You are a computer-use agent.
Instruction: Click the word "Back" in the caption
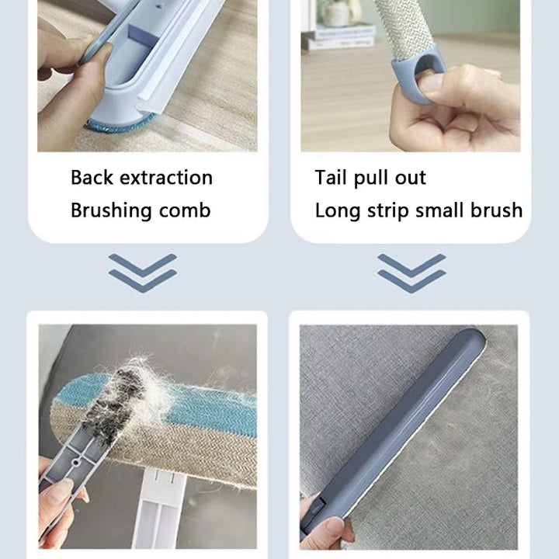tap(92, 177)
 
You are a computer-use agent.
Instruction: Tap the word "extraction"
tap(166, 178)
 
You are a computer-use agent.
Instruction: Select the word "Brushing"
tap(111, 210)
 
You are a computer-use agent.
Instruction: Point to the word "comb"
tap(185, 210)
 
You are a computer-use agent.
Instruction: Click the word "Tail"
tap(331, 177)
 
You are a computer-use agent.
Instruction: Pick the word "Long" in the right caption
tap(337, 210)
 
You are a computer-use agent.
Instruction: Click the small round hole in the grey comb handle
tap(75, 463)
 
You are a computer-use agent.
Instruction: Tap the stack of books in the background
tap(339, 36)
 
